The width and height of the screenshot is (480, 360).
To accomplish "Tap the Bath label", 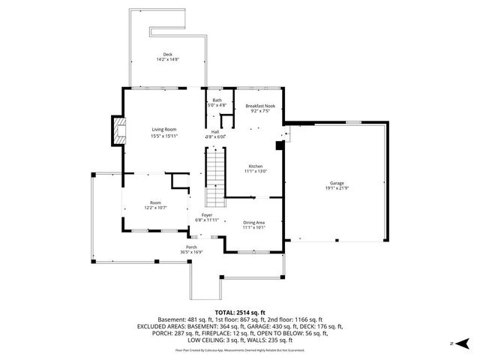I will (x=217, y=100).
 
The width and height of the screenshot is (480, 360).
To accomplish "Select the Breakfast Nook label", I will (x=260, y=106).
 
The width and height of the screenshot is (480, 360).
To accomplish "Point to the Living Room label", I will (x=164, y=130).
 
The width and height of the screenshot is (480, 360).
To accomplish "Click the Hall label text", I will (x=214, y=131).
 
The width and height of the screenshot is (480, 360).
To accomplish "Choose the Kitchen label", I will (x=256, y=166).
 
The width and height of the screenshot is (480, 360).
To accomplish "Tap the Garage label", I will (x=335, y=182).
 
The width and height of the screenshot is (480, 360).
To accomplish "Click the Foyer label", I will (x=206, y=215).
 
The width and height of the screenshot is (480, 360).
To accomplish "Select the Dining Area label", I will (x=253, y=223).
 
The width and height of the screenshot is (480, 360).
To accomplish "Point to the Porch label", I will (x=191, y=247).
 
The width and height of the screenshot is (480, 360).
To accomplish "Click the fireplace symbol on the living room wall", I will (x=118, y=130).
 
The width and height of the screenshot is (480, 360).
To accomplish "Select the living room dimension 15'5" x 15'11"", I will (x=164, y=136).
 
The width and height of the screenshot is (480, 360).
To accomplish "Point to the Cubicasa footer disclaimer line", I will (x=240, y=349).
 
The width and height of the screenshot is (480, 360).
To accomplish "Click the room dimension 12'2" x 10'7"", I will (x=155, y=208).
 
